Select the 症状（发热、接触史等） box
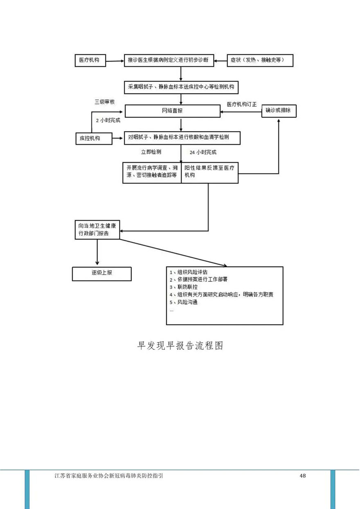pyautogui.click(x=261, y=61)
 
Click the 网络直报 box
pyautogui.click(x=172, y=110)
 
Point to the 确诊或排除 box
pyautogui.click(x=278, y=110)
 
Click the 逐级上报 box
pyautogui.click(x=96, y=274)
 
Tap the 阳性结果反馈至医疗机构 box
pyautogui.click(x=209, y=172)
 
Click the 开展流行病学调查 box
pyautogui.click(x=152, y=172)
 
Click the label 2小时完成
pyautogui.click(x=105, y=121)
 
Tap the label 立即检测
pyautogui.click(x=151, y=152)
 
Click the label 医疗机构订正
pyautogui.click(x=242, y=104)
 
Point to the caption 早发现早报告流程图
pyautogui.click(x=180, y=345)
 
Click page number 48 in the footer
pyautogui.click(x=303, y=475)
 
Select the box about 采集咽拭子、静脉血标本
pyautogui.click(x=181, y=87)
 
